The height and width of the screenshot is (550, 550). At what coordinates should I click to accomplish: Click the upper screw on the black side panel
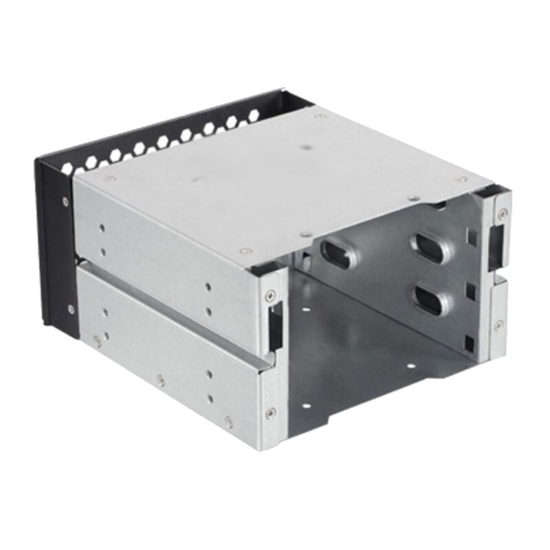click(x=65, y=201)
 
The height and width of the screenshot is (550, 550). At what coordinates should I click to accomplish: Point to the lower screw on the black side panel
click(x=70, y=309)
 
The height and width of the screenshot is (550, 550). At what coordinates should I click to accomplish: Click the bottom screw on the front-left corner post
click(x=271, y=412)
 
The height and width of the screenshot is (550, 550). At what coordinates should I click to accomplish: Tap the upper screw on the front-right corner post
click(x=503, y=214)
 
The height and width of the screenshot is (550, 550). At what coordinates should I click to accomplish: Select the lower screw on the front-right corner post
click(x=498, y=324)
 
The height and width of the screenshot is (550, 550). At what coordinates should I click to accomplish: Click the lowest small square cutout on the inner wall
click(x=470, y=340)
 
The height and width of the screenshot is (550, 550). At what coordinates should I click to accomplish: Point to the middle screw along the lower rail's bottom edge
click(x=161, y=379)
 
